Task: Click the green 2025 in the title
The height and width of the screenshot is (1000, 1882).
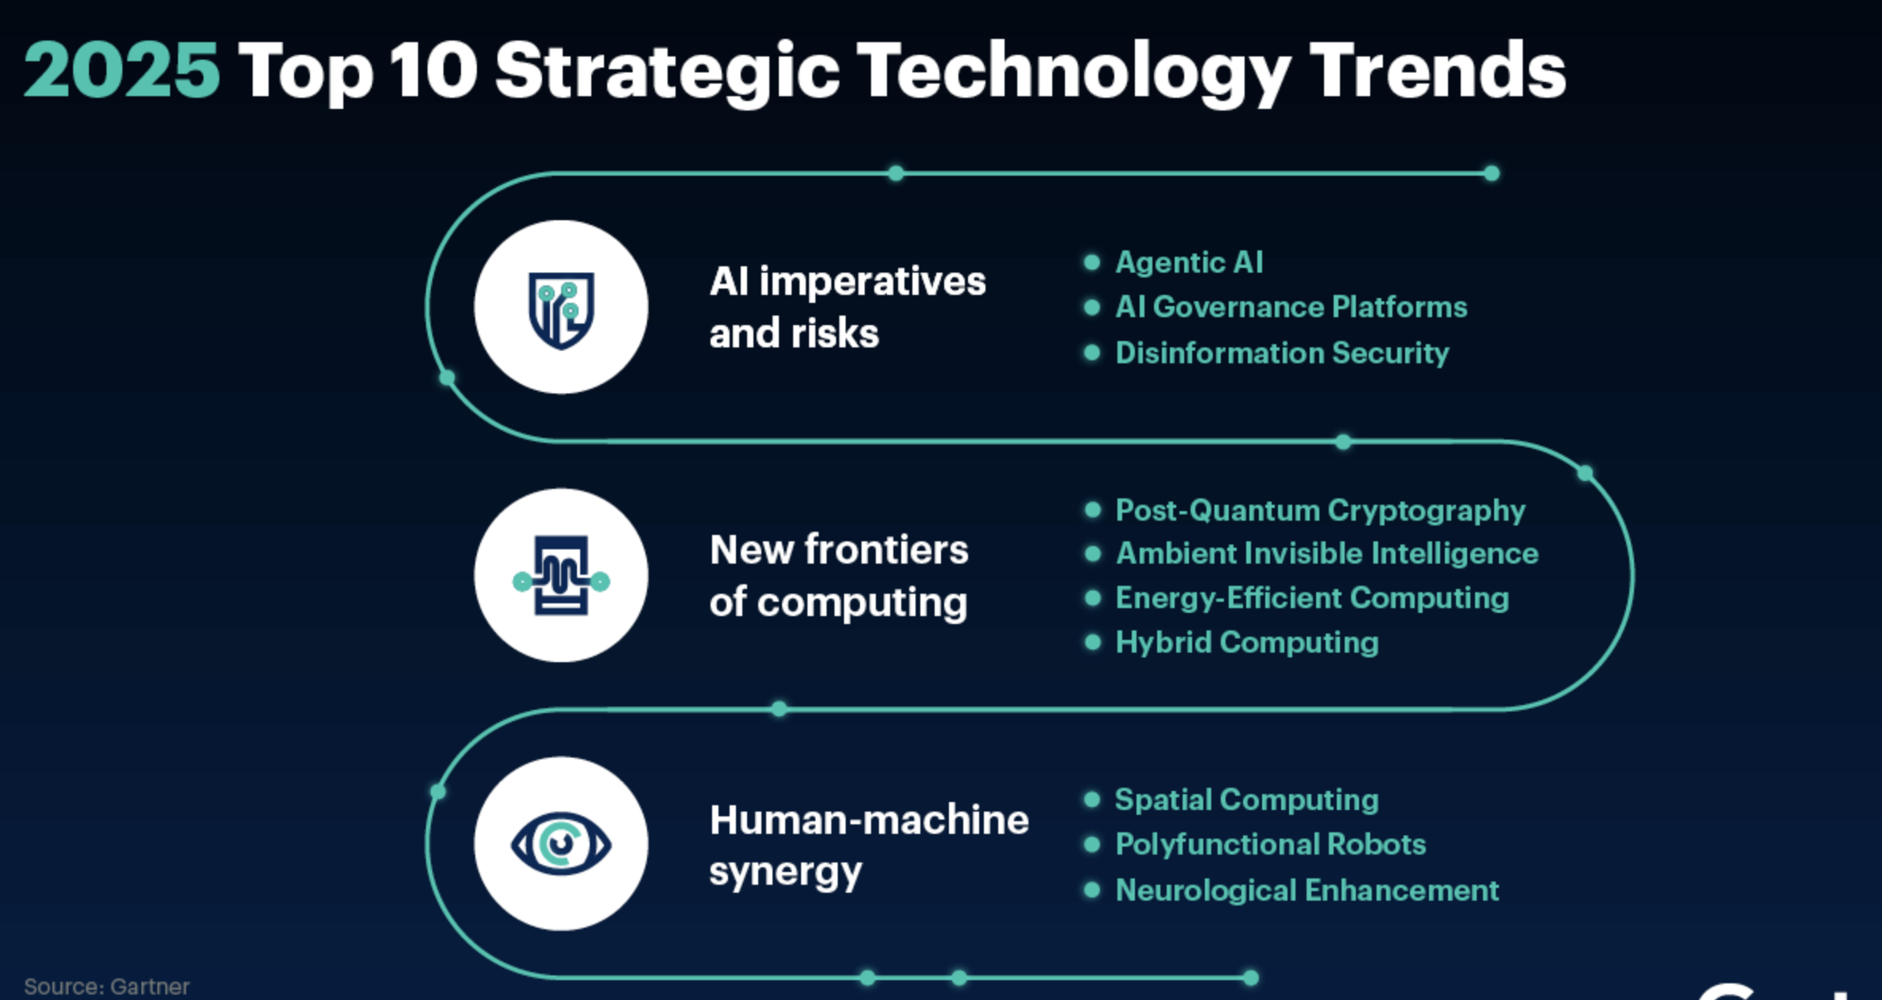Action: [122, 70]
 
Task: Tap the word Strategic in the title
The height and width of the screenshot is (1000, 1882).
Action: [668, 73]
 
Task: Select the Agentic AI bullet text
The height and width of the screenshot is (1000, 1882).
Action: [1189, 263]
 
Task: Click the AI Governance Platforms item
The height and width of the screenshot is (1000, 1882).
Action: [1291, 307]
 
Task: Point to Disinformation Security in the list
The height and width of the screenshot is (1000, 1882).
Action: [1283, 353]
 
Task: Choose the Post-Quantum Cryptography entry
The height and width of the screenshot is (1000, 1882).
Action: [1320, 510]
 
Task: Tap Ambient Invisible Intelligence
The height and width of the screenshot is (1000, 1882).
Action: [1327, 553]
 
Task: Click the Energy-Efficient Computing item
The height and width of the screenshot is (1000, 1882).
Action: [1312, 598]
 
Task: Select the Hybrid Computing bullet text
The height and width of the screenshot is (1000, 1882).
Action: [1247, 642]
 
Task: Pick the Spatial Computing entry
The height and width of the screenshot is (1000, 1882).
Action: [1247, 800]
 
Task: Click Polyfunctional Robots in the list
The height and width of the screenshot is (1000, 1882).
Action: [1271, 844]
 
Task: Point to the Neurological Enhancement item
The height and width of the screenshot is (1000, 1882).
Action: [1307, 890]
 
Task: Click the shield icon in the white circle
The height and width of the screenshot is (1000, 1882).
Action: [561, 310]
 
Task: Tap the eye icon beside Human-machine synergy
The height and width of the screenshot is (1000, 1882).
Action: [561, 843]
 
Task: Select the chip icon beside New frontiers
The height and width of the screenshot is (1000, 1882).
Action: [561, 576]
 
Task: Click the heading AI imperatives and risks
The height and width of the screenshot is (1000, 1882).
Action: [847, 308]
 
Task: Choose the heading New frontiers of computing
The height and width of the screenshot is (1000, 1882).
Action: [839, 576]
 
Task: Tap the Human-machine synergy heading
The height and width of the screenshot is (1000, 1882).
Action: [869, 846]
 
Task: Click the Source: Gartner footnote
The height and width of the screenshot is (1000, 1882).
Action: [106, 986]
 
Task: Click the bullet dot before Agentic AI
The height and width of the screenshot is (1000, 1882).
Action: [1092, 262]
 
